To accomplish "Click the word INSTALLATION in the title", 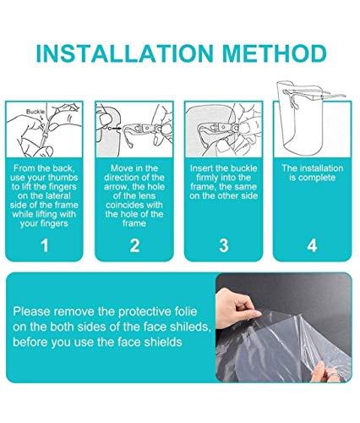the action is (x=124, y=53).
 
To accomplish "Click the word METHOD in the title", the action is (x=275, y=53).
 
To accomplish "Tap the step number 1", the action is (x=45, y=245).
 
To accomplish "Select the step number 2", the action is (x=134, y=245).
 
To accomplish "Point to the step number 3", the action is (x=224, y=245).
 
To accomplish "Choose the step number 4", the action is (x=312, y=245).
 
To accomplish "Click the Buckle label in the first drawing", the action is (x=35, y=112).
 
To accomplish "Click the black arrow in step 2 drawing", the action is (x=116, y=129).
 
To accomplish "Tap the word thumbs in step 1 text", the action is (x=63, y=178).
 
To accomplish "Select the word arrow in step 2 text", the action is (x=115, y=187).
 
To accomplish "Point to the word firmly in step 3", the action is (x=207, y=178).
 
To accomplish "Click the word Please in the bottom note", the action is (x=31, y=311).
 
